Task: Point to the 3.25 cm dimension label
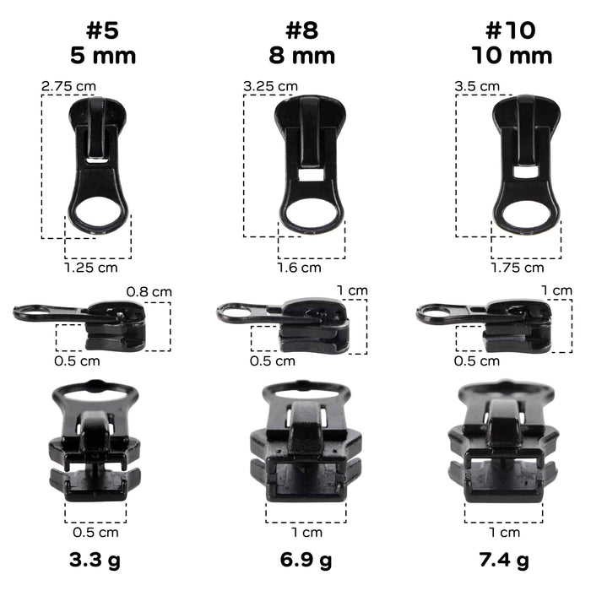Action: (270, 86)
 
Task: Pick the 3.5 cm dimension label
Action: (477, 86)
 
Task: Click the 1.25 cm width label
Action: (91, 268)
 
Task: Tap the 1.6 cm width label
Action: (300, 268)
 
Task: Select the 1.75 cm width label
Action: (517, 268)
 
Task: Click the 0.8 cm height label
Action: (149, 292)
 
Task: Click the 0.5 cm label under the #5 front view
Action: (95, 532)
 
